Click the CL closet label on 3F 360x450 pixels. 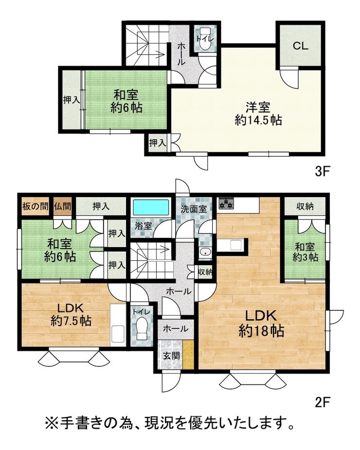click(x=301, y=46)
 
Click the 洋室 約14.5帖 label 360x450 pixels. click(x=258, y=114)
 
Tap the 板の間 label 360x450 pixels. click(x=35, y=206)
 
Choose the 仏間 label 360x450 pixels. click(x=62, y=206)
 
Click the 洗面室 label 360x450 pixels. click(x=194, y=209)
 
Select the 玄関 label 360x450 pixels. click(x=172, y=356)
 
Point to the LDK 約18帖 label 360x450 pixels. click(x=261, y=323)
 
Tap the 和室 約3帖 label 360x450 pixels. click(x=305, y=252)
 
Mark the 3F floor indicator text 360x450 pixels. click(x=321, y=172)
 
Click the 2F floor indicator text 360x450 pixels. click(x=321, y=402)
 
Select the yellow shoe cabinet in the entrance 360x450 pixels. click(x=189, y=355)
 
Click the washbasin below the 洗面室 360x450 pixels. click(x=206, y=252)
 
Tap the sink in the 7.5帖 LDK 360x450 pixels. click(x=118, y=334)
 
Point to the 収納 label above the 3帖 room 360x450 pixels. click(x=305, y=206)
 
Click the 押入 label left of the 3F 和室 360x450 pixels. click(x=71, y=100)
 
